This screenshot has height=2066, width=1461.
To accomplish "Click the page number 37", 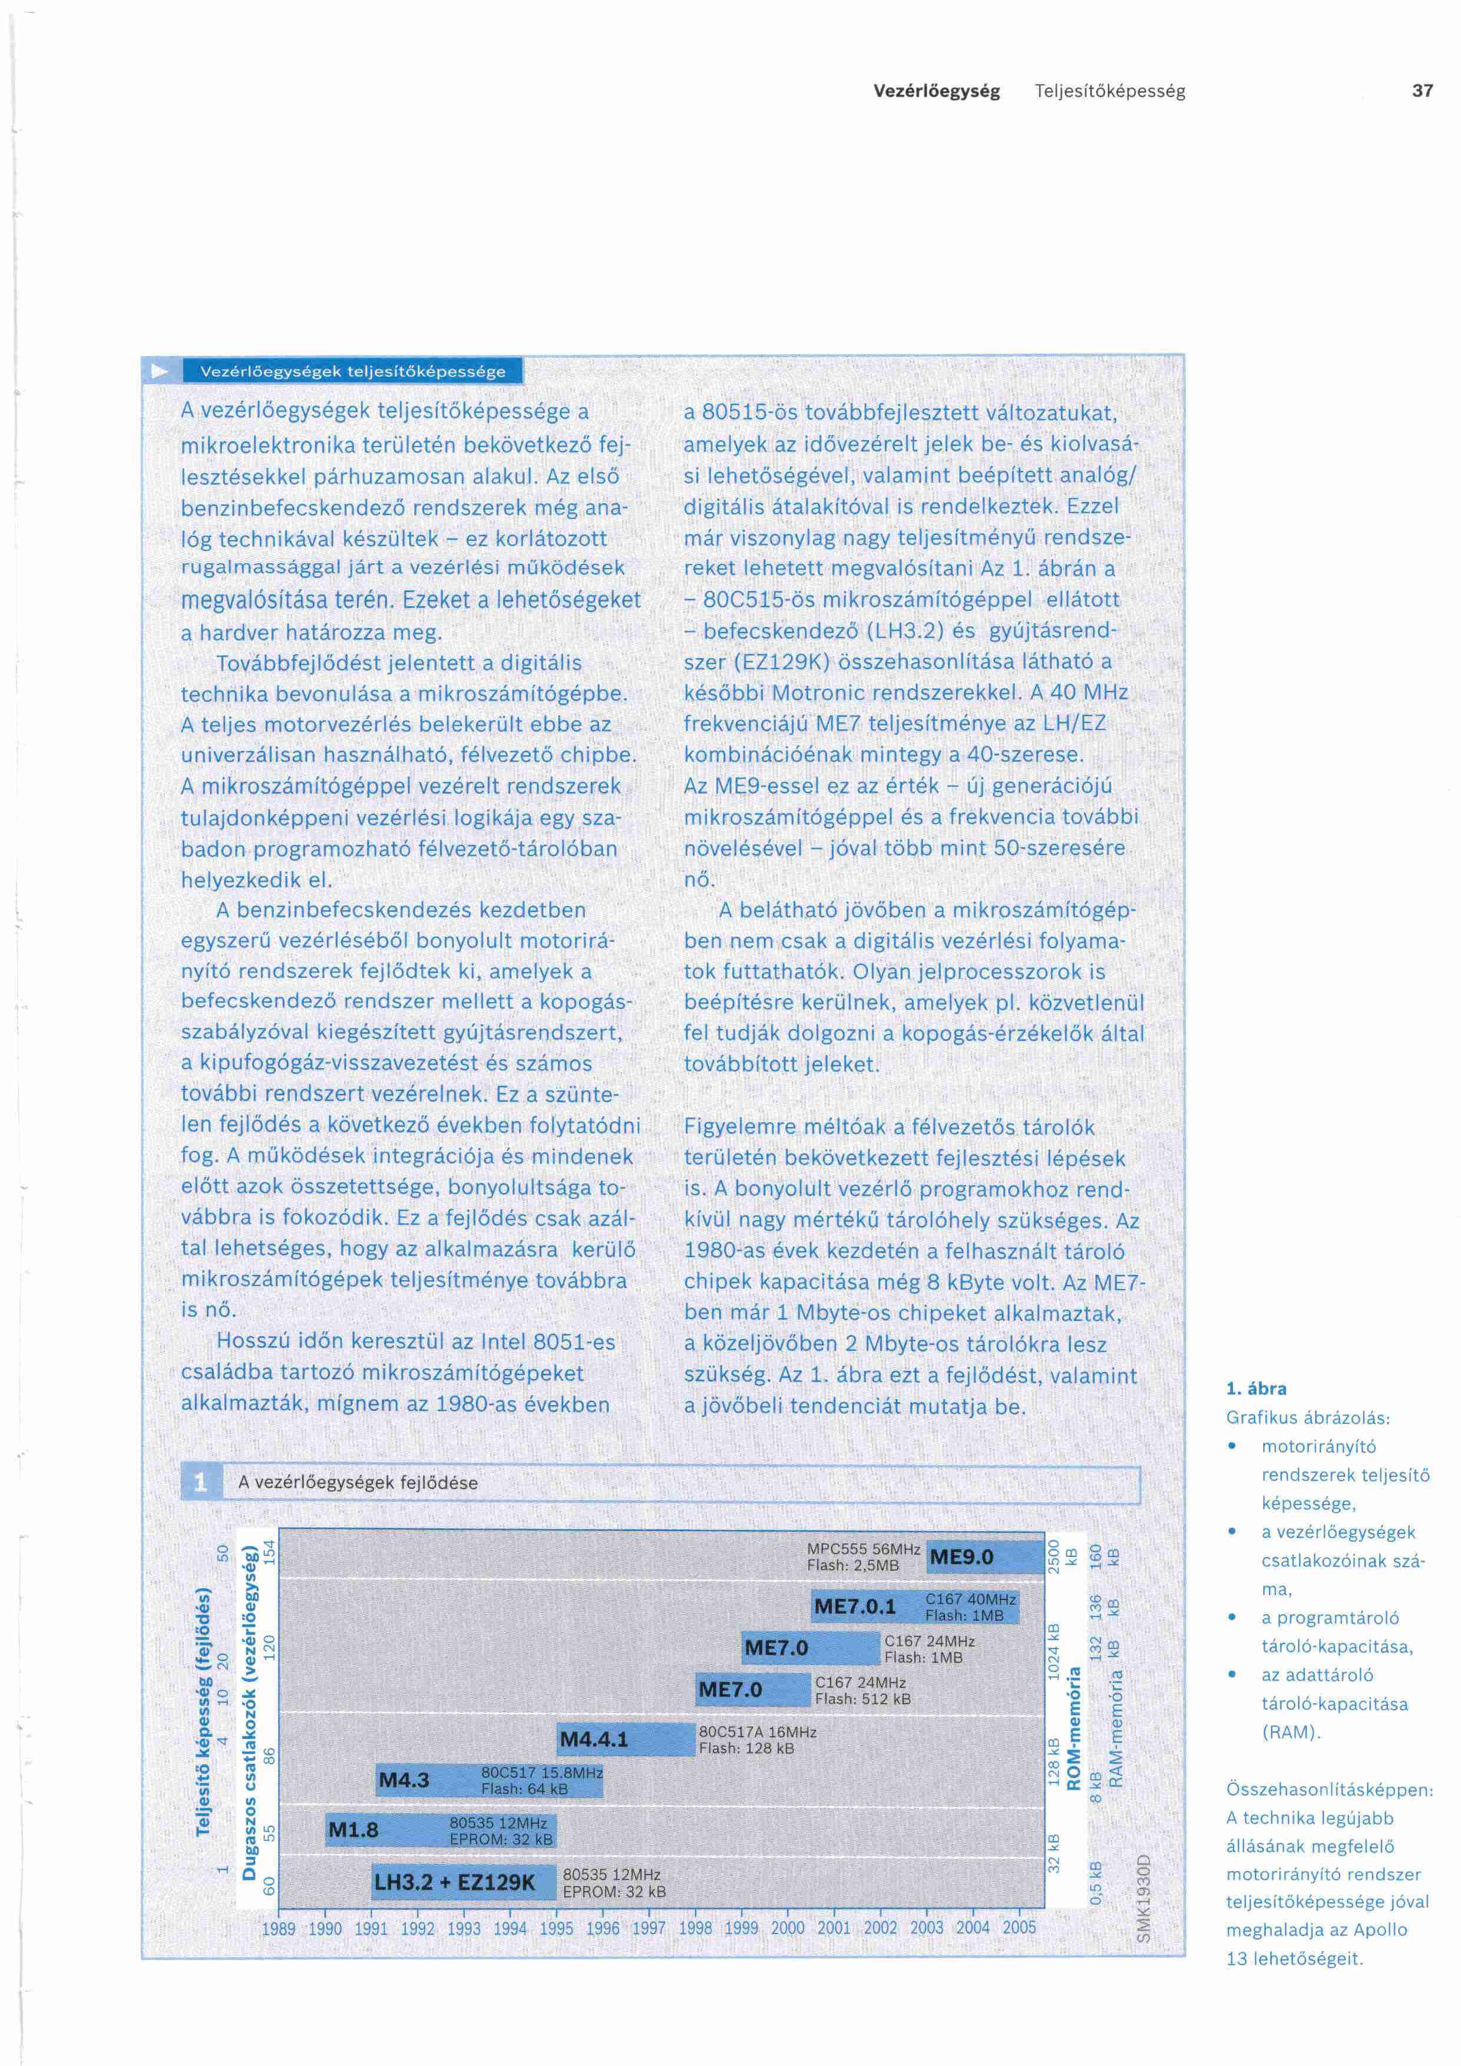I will click(x=1422, y=91).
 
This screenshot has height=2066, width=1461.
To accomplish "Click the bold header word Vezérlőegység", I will click(x=937, y=91).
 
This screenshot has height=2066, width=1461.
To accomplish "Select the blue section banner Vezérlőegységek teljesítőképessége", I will click(x=353, y=371).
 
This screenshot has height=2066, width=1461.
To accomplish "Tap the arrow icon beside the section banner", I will click(x=160, y=371).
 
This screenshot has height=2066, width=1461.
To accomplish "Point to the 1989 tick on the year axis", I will click(x=279, y=1928).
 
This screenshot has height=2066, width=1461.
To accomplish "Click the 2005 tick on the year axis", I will click(x=1019, y=1928).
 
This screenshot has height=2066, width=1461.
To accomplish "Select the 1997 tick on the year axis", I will click(x=649, y=1928).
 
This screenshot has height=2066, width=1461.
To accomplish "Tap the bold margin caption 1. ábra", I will click(x=1256, y=1389).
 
